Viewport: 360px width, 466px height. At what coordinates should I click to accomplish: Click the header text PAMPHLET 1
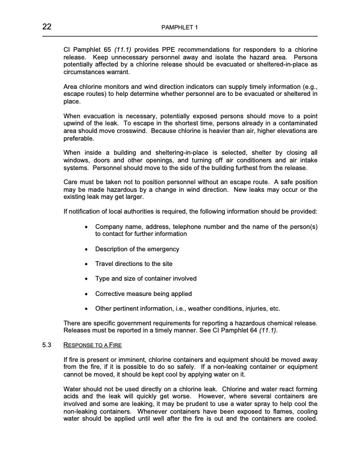tap(180, 28)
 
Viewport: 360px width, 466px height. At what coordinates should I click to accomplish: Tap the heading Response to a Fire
tap(92, 344)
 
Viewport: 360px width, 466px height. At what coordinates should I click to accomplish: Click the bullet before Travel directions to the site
tap(87, 264)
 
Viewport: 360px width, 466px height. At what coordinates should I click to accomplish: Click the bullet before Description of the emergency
tap(87, 249)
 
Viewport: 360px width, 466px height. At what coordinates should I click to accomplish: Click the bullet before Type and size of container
tap(87, 279)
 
